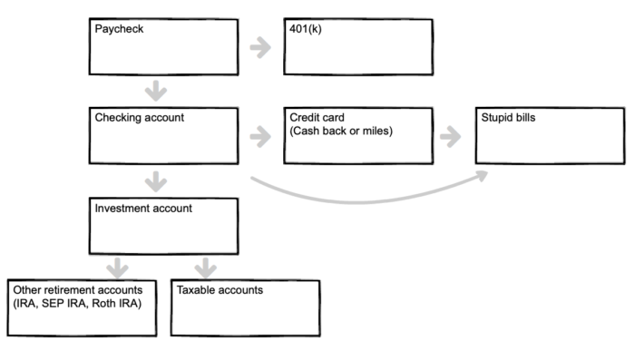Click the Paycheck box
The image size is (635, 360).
point(164,47)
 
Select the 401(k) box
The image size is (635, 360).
point(358,47)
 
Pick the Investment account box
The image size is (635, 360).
point(164,227)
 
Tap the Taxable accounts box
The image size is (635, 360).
point(246,308)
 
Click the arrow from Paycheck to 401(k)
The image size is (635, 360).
point(260,47)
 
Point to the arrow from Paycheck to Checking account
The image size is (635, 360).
point(156,91)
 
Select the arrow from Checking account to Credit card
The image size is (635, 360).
point(260,137)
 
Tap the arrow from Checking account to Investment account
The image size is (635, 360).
point(156,182)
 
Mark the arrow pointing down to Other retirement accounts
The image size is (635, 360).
point(117,268)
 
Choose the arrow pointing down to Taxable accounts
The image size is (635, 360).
point(206,268)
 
